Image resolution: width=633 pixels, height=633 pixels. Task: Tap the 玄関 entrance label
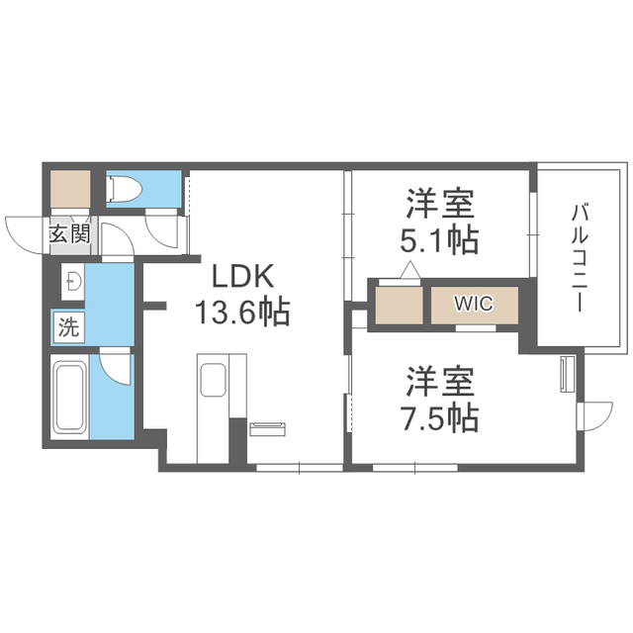(70, 234)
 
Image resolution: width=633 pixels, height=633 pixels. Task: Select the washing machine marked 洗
(69, 327)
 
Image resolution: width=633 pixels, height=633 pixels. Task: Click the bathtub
(69, 397)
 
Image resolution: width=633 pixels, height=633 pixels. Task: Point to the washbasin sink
(73, 281)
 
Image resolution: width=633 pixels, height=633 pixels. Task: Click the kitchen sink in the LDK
(213, 380)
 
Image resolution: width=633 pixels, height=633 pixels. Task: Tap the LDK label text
(242, 276)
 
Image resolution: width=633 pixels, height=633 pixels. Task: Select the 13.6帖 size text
(242, 313)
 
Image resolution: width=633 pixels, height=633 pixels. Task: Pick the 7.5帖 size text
(439, 417)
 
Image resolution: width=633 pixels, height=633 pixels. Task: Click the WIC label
(474, 304)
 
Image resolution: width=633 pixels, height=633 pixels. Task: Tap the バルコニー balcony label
(580, 258)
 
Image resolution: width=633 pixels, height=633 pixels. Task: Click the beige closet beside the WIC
(400, 306)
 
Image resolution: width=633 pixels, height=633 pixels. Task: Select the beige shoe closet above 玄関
(70, 189)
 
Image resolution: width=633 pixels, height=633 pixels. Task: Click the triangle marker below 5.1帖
(410, 270)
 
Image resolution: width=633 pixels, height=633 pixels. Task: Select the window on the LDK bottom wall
(300, 468)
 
